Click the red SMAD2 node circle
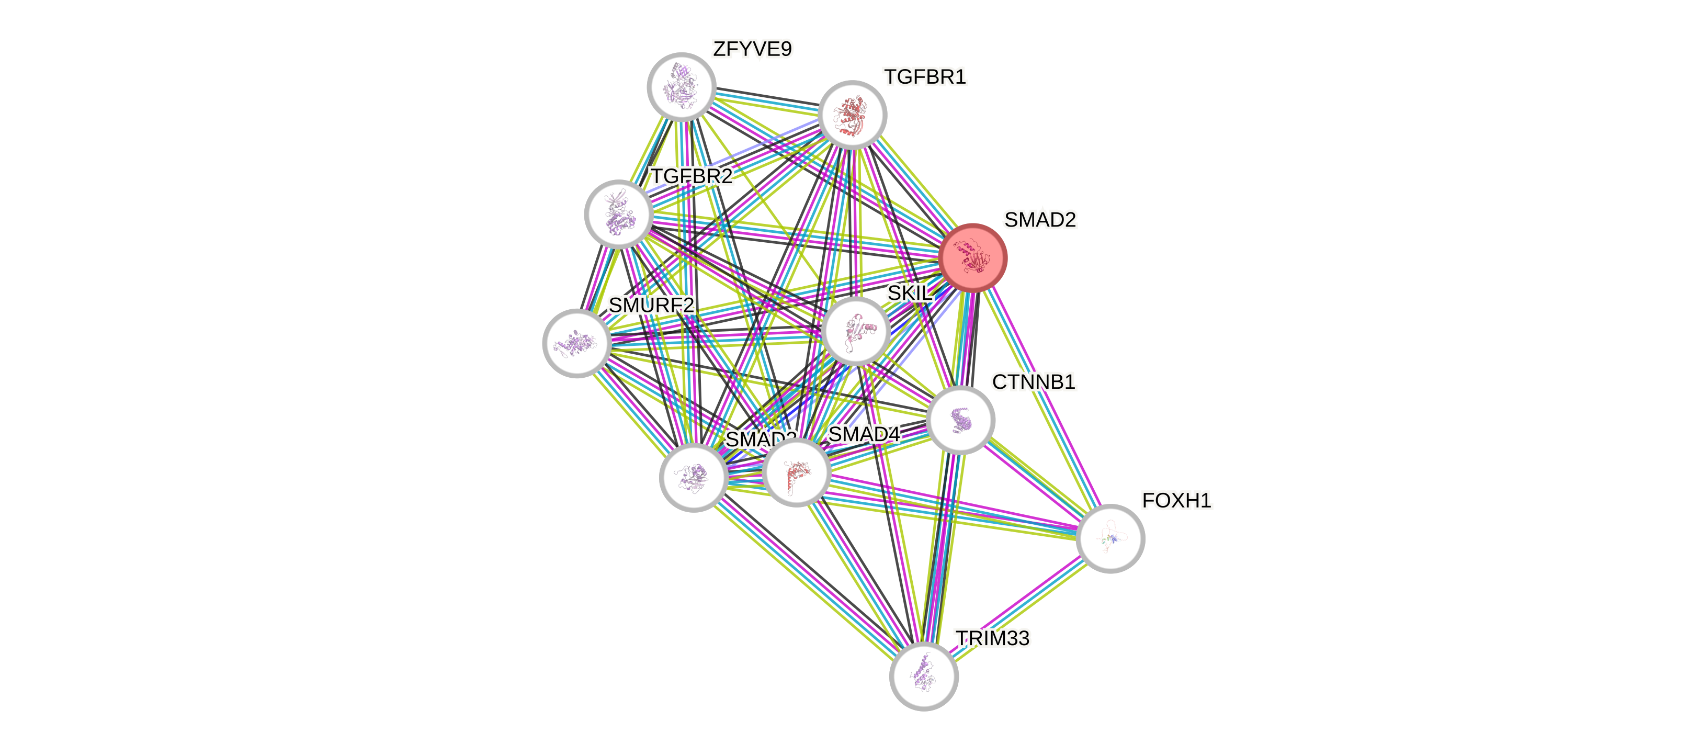(972, 258)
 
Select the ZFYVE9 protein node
(681, 87)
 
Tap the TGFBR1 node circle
(852, 115)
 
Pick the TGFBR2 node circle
(618, 214)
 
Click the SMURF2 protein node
(576, 343)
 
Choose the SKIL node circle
(856, 331)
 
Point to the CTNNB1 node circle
(960, 420)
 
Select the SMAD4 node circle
(796, 472)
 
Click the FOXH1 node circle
(1110, 538)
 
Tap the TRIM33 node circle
(924, 677)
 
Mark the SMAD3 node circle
(693, 477)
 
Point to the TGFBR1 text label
(925, 77)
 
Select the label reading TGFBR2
(692, 177)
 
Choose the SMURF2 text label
(651, 306)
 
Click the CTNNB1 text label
(1034, 382)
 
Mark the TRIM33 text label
(993, 638)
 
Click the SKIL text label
(910, 293)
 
